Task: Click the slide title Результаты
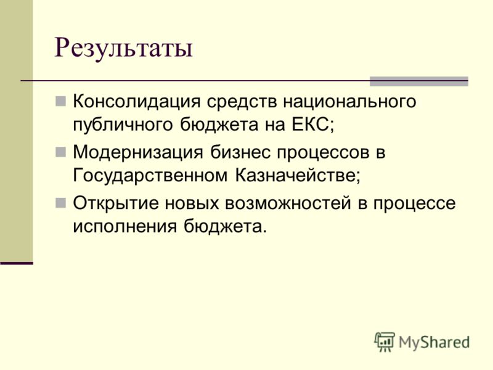[124, 49]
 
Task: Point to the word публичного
[123, 126]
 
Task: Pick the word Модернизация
[138, 153]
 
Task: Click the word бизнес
[240, 152]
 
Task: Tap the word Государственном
[150, 176]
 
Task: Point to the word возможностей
[288, 203]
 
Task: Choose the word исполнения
[125, 226]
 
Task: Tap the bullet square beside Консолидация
[60, 101]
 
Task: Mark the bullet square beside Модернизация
[60, 152]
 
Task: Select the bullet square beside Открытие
[60, 203]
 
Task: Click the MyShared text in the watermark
[434, 342]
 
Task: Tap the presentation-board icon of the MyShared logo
[385, 342]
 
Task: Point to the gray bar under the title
[419, 81]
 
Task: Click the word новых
[192, 203]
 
